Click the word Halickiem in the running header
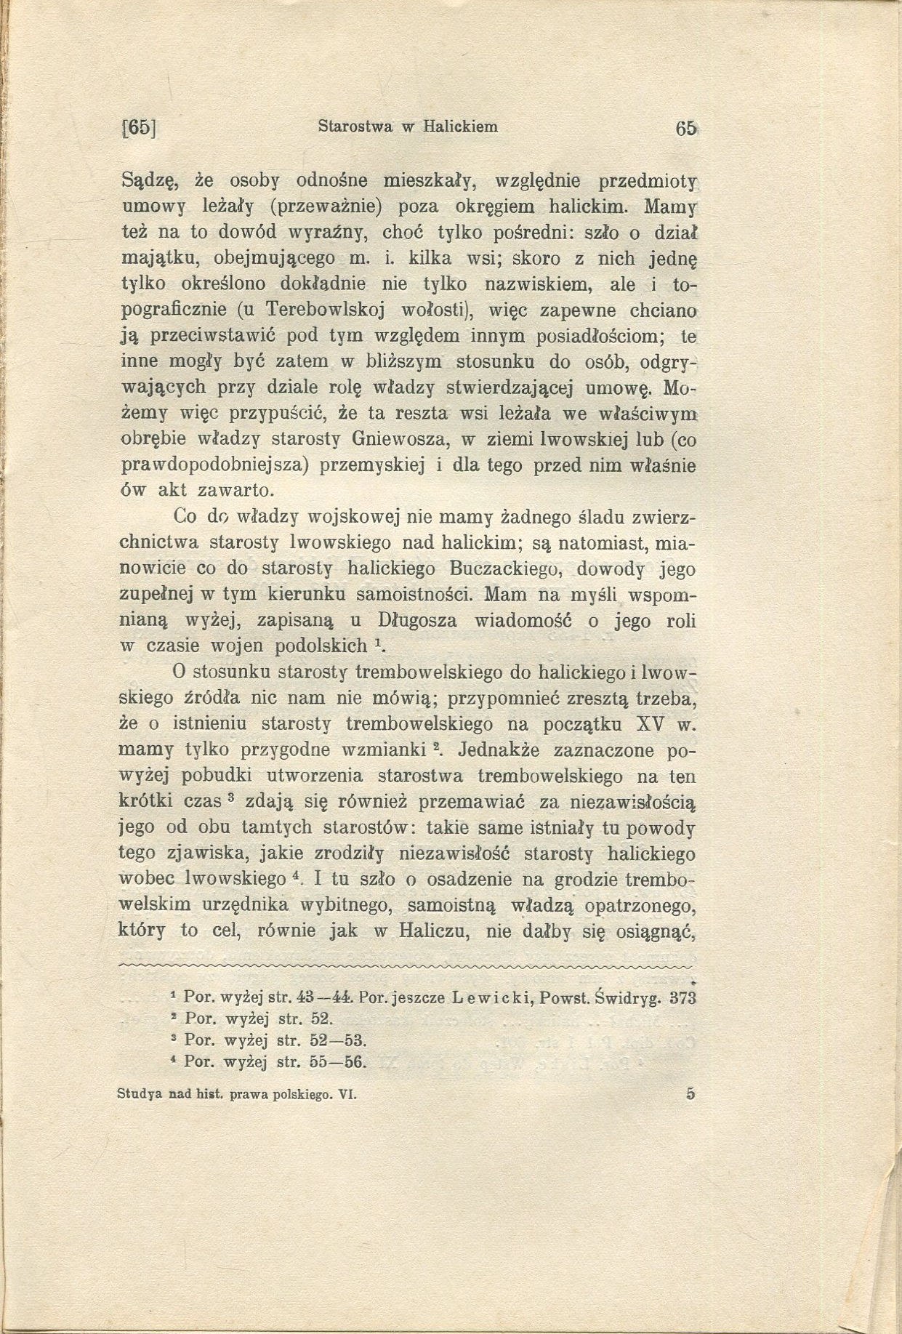pos(460,126)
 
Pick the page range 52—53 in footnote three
pos(340,1040)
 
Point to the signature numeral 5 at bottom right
pos(689,1093)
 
